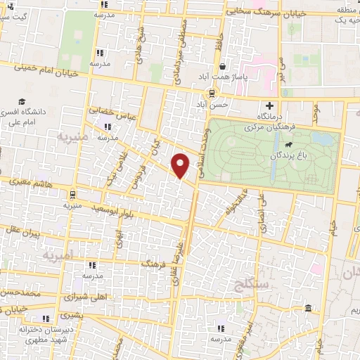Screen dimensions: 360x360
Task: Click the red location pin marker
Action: coord(181,165)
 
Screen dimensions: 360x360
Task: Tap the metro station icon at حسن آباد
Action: coord(212,94)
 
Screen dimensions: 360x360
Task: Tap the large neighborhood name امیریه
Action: coord(56,256)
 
